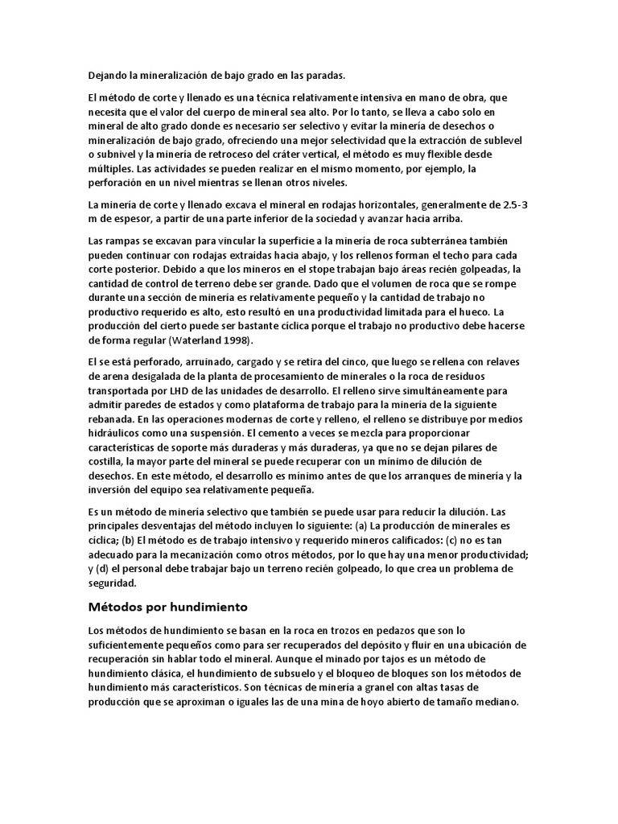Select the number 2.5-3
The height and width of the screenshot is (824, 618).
[x=512, y=205]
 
